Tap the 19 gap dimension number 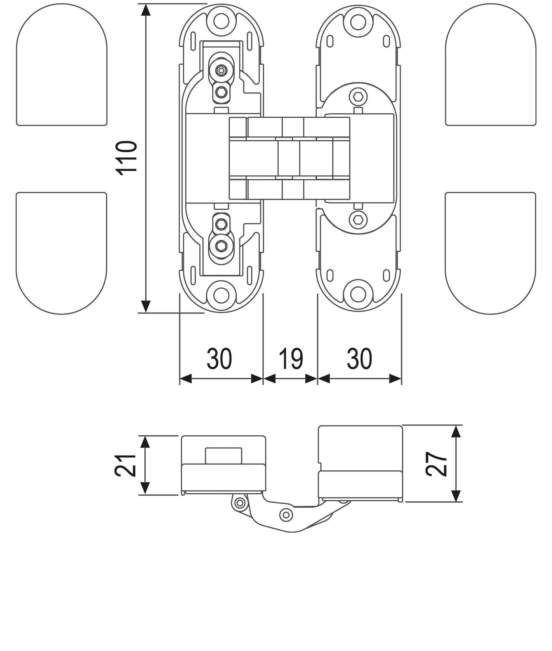pyautogui.click(x=291, y=359)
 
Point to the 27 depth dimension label pyautogui.click(x=436, y=464)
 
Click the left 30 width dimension pyautogui.click(x=219, y=359)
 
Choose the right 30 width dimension pyautogui.click(x=360, y=359)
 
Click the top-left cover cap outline pyautogui.click(x=62, y=65)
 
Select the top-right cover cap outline pyautogui.click(x=490, y=65)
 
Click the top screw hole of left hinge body pyautogui.click(x=222, y=20)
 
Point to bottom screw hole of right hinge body pyautogui.click(x=359, y=294)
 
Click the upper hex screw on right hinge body pyautogui.click(x=359, y=97)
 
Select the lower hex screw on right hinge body pyautogui.click(x=359, y=220)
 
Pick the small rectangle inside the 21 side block pyautogui.click(x=223, y=455)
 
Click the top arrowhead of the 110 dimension pyautogui.click(x=146, y=10)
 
